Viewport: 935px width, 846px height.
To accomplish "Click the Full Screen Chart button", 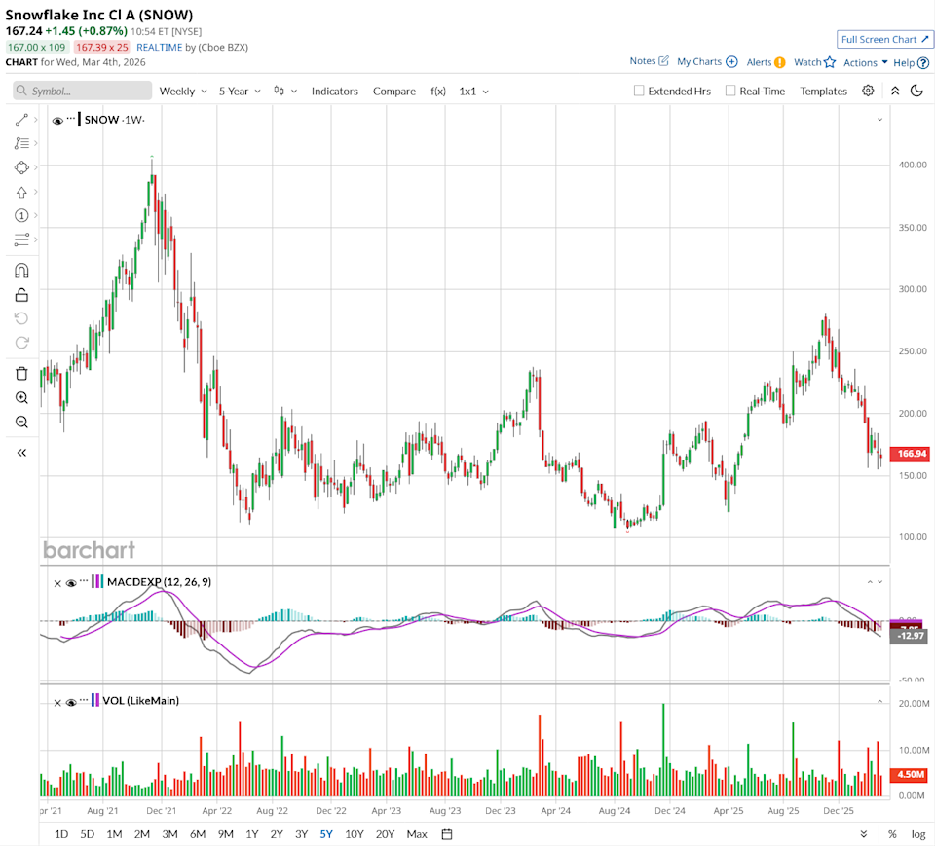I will point(884,39).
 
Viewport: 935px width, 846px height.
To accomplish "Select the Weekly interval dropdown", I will point(183,91).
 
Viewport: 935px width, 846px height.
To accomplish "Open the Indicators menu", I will point(334,91).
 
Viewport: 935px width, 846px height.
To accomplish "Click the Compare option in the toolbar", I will point(393,91).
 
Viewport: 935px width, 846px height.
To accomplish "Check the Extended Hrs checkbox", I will point(639,91).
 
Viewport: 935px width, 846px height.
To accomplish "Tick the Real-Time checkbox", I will point(730,91).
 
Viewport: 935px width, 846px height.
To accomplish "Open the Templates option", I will point(823,91).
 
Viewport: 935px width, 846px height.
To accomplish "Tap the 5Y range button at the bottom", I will point(326,834).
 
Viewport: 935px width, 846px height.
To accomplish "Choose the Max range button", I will point(417,834).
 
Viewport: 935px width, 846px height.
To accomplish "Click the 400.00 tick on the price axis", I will point(912,165).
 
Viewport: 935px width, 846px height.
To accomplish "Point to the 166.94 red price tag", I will point(912,454).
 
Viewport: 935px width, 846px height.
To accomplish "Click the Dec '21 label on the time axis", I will point(161,810).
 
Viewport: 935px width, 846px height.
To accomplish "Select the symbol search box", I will point(83,91).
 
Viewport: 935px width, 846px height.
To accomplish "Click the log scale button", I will point(917,834).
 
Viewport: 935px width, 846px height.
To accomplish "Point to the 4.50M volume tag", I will point(912,775).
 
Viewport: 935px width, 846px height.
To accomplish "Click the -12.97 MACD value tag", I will point(912,636).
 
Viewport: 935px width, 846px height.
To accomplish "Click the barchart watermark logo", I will point(89,550).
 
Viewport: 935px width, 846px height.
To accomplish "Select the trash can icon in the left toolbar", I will point(21,374).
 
